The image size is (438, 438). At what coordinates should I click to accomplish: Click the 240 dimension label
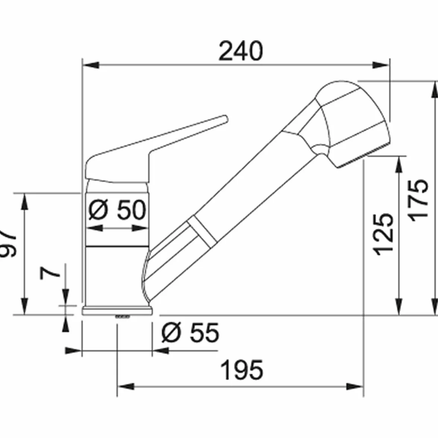241,51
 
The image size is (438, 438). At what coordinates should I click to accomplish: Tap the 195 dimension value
242,370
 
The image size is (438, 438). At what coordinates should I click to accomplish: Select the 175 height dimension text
418,200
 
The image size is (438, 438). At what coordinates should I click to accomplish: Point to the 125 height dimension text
384,234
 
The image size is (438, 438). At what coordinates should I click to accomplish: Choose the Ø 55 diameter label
190,332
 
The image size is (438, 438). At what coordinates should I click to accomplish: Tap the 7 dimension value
50,273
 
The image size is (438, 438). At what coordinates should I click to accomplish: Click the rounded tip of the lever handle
225,119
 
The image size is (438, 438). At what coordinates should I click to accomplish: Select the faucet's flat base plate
117,311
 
